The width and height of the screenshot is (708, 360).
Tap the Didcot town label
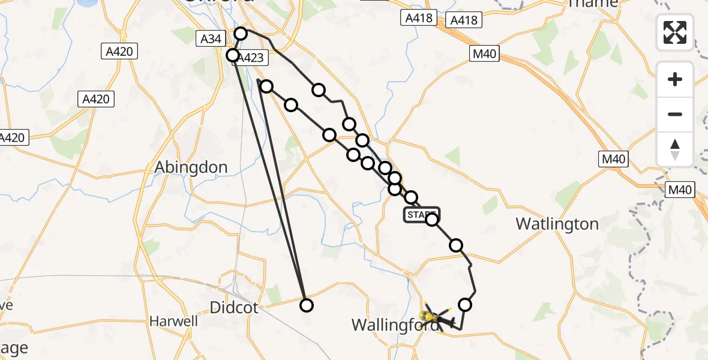(x=234, y=308)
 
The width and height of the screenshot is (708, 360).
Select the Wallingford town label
(x=389, y=325)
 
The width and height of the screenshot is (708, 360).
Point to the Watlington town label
(x=557, y=224)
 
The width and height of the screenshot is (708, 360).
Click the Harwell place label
(x=174, y=321)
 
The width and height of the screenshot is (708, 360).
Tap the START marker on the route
(x=422, y=215)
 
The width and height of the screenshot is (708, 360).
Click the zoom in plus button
(x=675, y=79)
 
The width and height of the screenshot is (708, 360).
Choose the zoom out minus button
(x=675, y=114)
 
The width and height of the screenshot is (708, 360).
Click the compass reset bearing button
(x=675, y=149)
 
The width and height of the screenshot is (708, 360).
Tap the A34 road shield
(x=211, y=39)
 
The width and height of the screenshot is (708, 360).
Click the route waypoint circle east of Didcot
(x=306, y=305)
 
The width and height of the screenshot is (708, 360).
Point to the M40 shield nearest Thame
(x=484, y=54)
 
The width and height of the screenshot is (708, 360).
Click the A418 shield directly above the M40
(x=464, y=20)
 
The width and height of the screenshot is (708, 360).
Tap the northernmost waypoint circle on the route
(x=241, y=33)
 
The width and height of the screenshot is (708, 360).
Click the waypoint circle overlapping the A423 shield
(x=233, y=55)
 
